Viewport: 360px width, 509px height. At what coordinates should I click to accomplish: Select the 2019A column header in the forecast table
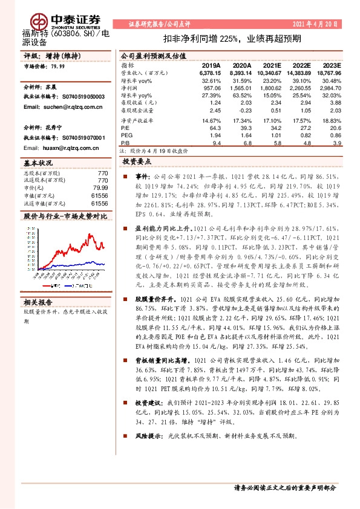(x=211, y=65)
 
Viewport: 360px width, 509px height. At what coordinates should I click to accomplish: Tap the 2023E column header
(x=332, y=65)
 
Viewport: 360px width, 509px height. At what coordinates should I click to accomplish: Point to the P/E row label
(x=125, y=128)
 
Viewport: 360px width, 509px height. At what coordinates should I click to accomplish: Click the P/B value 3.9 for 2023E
(x=338, y=143)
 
